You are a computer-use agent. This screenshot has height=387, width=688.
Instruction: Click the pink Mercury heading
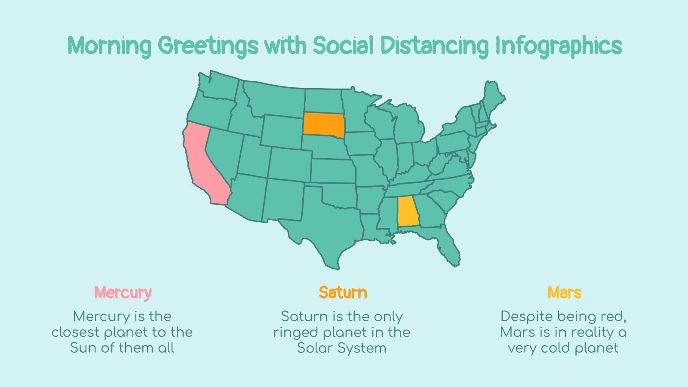pyautogui.click(x=123, y=293)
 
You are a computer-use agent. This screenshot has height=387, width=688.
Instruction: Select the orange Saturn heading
pyautogui.click(x=343, y=293)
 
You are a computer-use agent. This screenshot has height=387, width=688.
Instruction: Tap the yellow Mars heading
pyautogui.click(x=564, y=293)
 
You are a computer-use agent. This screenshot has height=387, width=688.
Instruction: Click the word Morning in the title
pyautogui.click(x=110, y=46)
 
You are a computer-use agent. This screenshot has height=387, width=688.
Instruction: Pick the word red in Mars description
pyautogui.click(x=615, y=316)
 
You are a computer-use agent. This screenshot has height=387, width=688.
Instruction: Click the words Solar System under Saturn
pyautogui.click(x=342, y=348)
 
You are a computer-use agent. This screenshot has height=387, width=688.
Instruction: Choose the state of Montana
pyautogui.click(x=275, y=99)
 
